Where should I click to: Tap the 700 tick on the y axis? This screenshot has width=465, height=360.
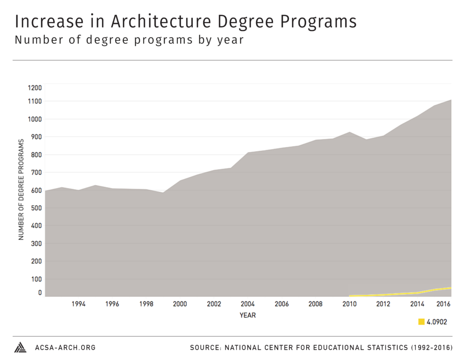pyautogui.click(x=36, y=172)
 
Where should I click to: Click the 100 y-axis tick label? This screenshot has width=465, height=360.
pyautogui.click(x=36, y=279)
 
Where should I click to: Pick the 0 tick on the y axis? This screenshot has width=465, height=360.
pyautogui.click(x=40, y=293)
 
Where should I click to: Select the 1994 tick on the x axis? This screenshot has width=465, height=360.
pyautogui.click(x=79, y=304)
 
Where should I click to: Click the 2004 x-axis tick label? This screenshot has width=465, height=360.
pyautogui.click(x=247, y=304)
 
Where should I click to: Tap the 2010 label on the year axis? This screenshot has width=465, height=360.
pyautogui.click(x=349, y=304)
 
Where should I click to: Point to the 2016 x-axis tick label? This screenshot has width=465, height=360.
pyautogui.click(x=444, y=304)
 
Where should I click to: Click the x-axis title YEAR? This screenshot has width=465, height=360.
pyautogui.click(x=247, y=315)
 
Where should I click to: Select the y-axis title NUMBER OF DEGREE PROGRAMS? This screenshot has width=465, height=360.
pyautogui.click(x=21, y=190)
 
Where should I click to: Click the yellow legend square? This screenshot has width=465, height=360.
pyautogui.click(x=422, y=322)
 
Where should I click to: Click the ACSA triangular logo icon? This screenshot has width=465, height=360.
pyautogui.click(x=20, y=347)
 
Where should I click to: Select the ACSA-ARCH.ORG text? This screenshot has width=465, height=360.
pyautogui.click(x=65, y=348)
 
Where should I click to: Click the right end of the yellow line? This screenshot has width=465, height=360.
pyautogui.click(x=451, y=288)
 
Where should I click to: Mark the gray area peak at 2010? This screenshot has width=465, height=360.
pyautogui.click(x=349, y=132)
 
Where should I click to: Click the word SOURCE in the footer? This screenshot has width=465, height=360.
pyautogui.click(x=206, y=348)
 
